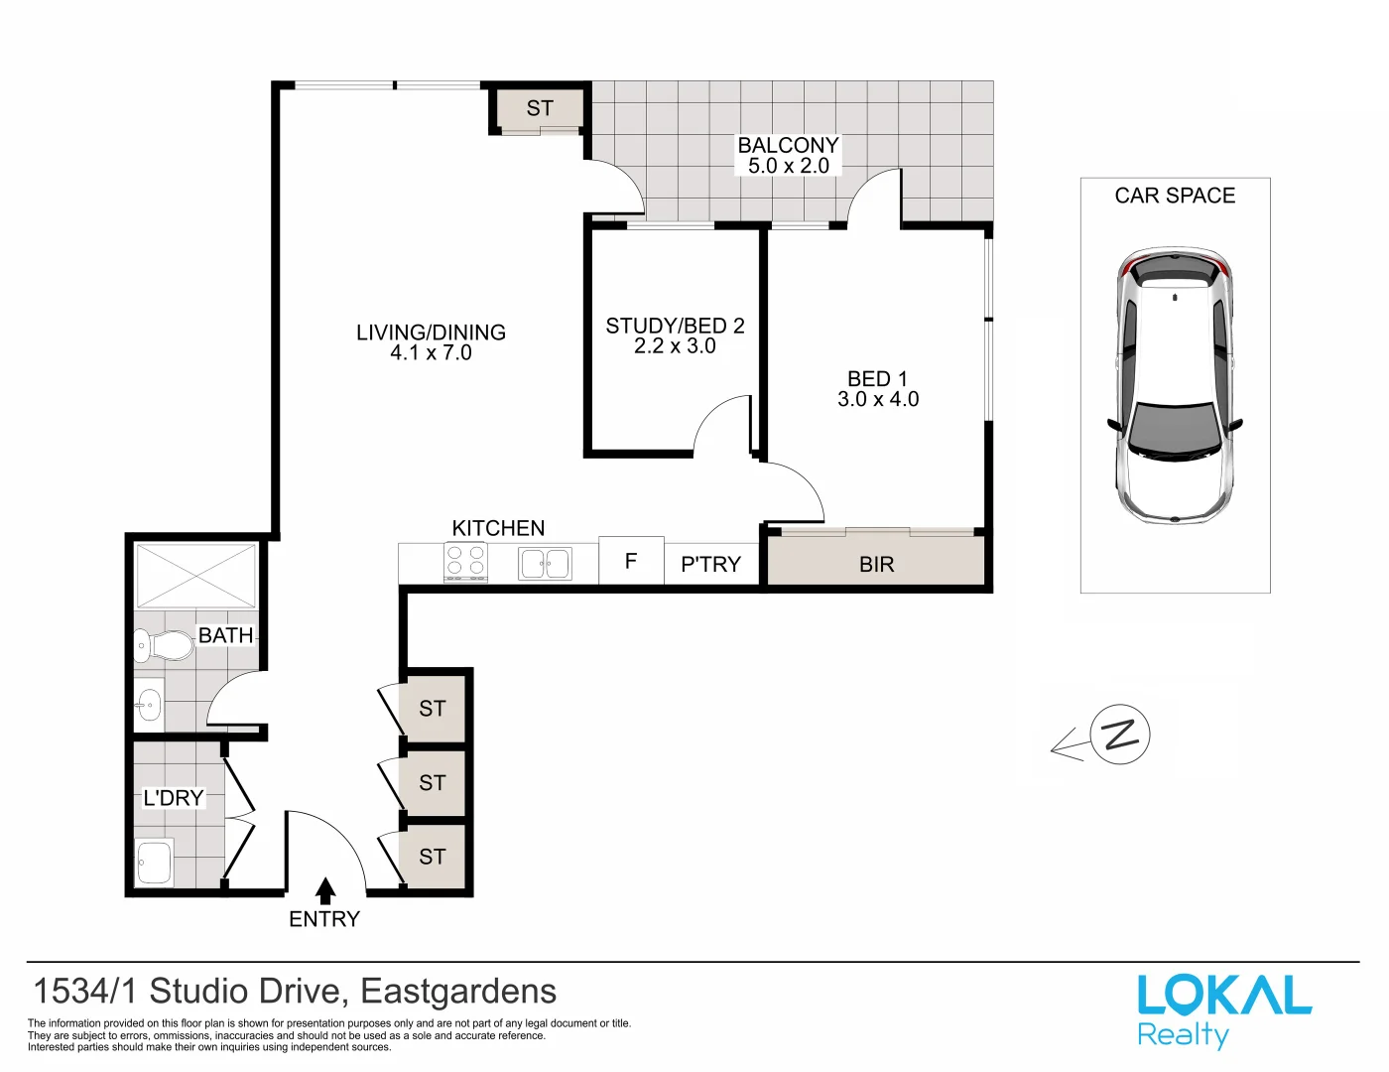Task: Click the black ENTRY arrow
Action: click(325, 890)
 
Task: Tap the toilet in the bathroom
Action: click(164, 646)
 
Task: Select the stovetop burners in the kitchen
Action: click(465, 562)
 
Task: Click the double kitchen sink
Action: click(545, 564)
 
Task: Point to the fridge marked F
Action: click(631, 562)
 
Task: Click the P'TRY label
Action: click(710, 565)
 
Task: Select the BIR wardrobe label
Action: click(876, 565)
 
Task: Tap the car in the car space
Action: click(1175, 387)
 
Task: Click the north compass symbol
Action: click(1119, 736)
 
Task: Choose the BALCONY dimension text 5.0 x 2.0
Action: click(789, 167)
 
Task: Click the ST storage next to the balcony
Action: click(540, 108)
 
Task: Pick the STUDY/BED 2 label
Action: click(675, 326)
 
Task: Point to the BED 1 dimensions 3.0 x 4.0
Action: click(878, 399)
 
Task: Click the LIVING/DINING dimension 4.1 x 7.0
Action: click(431, 353)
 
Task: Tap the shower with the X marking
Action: click(195, 576)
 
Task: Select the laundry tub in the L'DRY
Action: click(154, 863)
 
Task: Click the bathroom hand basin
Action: click(148, 706)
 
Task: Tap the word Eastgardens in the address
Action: click(458, 992)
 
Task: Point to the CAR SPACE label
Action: click(1175, 196)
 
